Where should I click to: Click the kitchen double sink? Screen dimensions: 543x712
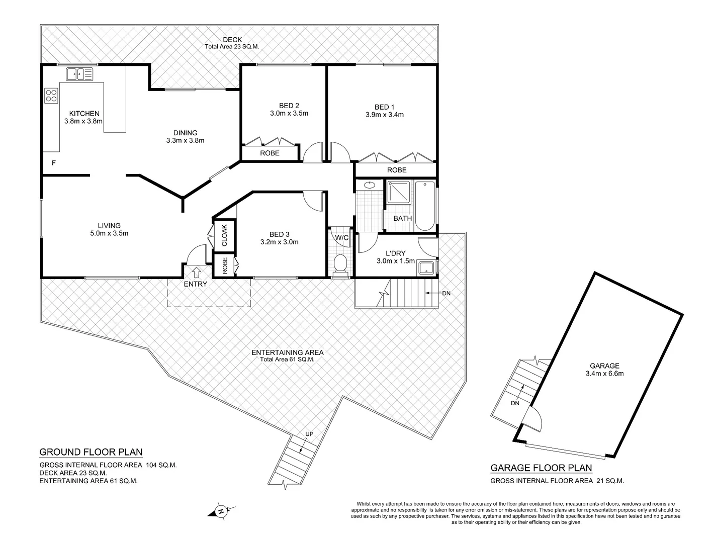pyautogui.click(x=79, y=74)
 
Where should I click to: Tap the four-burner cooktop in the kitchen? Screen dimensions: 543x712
pyautogui.click(x=51, y=95)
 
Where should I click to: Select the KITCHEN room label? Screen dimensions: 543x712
pyautogui.click(x=84, y=114)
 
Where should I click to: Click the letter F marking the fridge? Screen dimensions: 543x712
pyautogui.click(x=54, y=162)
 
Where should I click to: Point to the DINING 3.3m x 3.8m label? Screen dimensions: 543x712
pyautogui.click(x=185, y=137)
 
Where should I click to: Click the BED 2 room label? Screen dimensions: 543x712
pyautogui.click(x=289, y=106)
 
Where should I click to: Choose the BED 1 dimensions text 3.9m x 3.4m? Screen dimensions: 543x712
pyautogui.click(x=385, y=115)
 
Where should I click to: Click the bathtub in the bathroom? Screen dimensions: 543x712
pyautogui.click(x=425, y=206)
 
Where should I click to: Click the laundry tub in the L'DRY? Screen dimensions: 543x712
pyautogui.click(x=426, y=268)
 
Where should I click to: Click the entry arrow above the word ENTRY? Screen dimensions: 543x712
pyautogui.click(x=196, y=272)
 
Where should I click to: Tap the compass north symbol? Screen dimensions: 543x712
pyautogui.click(x=220, y=511)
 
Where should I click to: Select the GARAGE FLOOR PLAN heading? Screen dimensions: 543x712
pyautogui.click(x=541, y=468)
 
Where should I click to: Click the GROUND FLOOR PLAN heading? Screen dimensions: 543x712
pyautogui.click(x=91, y=451)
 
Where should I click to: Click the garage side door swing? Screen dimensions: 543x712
pyautogui.click(x=533, y=418)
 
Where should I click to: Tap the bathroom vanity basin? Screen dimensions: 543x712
pyautogui.click(x=370, y=185)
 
